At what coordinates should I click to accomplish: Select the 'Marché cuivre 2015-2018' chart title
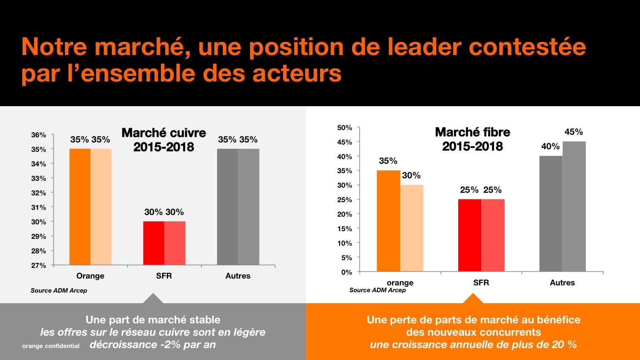click(163, 140)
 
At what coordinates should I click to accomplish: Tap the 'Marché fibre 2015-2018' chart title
click(472, 139)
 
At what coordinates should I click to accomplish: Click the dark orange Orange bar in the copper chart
click(80, 207)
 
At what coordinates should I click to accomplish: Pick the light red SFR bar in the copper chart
click(175, 243)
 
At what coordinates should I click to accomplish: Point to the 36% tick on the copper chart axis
click(38, 135)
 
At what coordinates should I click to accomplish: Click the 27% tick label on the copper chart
click(38, 265)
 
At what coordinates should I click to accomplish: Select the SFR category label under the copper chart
click(164, 276)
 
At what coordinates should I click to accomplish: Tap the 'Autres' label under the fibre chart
click(562, 283)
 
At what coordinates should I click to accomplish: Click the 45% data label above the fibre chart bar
click(573, 132)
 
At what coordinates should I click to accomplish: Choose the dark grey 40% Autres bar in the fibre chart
click(551, 213)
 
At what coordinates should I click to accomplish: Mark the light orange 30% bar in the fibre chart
click(412, 228)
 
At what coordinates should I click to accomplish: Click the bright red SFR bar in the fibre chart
click(469, 235)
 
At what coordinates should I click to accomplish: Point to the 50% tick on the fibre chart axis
click(344, 128)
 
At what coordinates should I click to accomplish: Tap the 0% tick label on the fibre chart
click(346, 272)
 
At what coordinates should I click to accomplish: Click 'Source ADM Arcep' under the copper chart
click(59, 290)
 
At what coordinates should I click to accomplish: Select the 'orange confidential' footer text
click(51, 346)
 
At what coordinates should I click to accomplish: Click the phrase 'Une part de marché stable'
click(153, 319)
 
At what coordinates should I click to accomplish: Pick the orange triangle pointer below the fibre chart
click(473, 299)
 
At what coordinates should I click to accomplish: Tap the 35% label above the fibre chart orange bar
click(388, 161)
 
